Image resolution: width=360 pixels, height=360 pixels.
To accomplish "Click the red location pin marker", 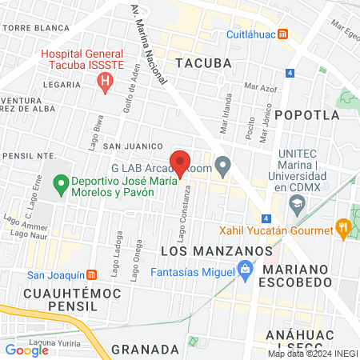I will coord(180,162).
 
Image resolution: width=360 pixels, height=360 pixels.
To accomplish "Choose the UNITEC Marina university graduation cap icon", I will coord(297,205).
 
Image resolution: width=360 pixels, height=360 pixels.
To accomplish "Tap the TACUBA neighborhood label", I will coord(203,62).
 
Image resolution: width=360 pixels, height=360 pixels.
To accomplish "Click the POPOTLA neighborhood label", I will coord(307,114).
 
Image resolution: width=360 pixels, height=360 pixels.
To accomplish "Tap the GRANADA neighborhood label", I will coord(145,349).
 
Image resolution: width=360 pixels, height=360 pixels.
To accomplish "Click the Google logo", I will coord(26,350).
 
